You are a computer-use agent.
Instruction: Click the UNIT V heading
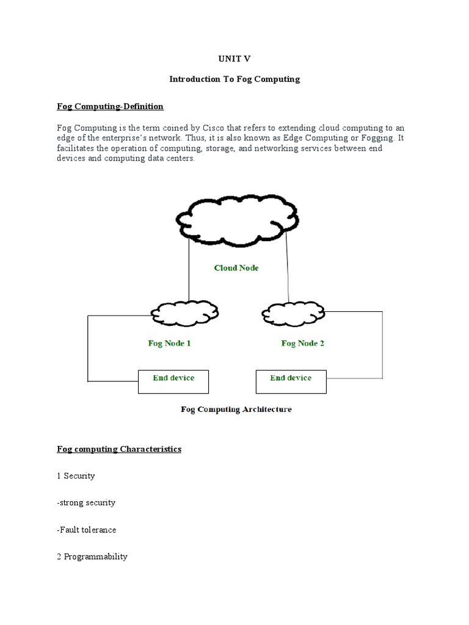(234, 59)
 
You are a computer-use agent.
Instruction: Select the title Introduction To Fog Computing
(234, 79)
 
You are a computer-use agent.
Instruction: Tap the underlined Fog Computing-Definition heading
(110, 107)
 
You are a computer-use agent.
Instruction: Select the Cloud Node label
(236, 268)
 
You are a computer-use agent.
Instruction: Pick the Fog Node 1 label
(169, 344)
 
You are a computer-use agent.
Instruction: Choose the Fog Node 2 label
(302, 344)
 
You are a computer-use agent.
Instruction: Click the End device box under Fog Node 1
(173, 381)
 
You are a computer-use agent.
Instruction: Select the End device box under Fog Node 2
(291, 381)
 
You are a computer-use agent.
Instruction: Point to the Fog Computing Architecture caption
(236, 410)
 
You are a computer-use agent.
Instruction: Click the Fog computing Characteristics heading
(119, 449)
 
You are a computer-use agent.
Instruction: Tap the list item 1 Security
(76, 476)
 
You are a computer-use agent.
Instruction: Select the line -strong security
(86, 503)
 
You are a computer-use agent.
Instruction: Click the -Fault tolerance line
(87, 530)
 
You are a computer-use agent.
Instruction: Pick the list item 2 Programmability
(92, 557)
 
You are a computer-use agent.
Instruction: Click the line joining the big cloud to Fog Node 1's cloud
(189, 269)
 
